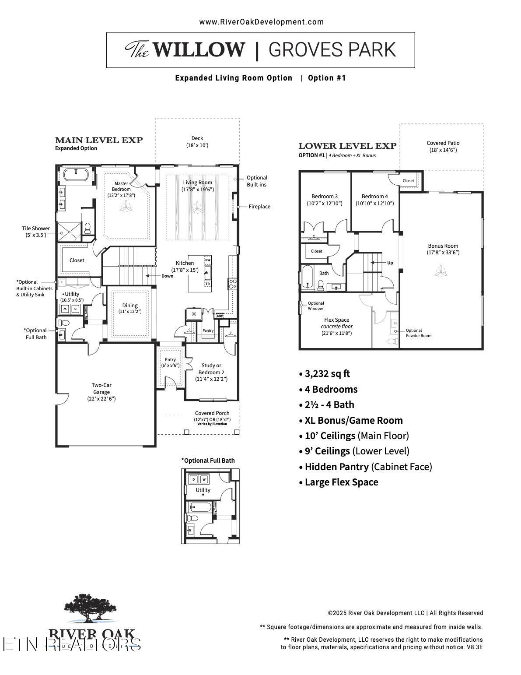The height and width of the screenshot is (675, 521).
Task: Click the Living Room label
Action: click(197, 183)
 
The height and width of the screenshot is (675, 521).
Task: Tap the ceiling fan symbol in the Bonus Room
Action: click(441, 272)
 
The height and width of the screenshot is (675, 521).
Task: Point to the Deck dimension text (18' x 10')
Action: click(197, 145)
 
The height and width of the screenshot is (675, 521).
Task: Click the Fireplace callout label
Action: click(259, 207)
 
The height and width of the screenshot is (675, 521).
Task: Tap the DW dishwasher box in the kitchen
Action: click(208, 260)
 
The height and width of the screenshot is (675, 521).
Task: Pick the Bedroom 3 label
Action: click(324, 197)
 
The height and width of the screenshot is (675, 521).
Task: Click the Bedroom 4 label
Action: click(374, 197)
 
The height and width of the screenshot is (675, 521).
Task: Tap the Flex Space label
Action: click(336, 320)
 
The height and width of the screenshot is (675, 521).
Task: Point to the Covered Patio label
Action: click(443, 143)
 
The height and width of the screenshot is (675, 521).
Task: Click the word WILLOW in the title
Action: click(199, 49)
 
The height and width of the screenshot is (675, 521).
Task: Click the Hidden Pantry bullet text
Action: click(337, 467)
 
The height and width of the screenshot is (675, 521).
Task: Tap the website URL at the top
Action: click(261, 22)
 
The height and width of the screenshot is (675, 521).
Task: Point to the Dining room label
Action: click(130, 306)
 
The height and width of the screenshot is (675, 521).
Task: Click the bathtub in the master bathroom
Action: click(76, 175)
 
